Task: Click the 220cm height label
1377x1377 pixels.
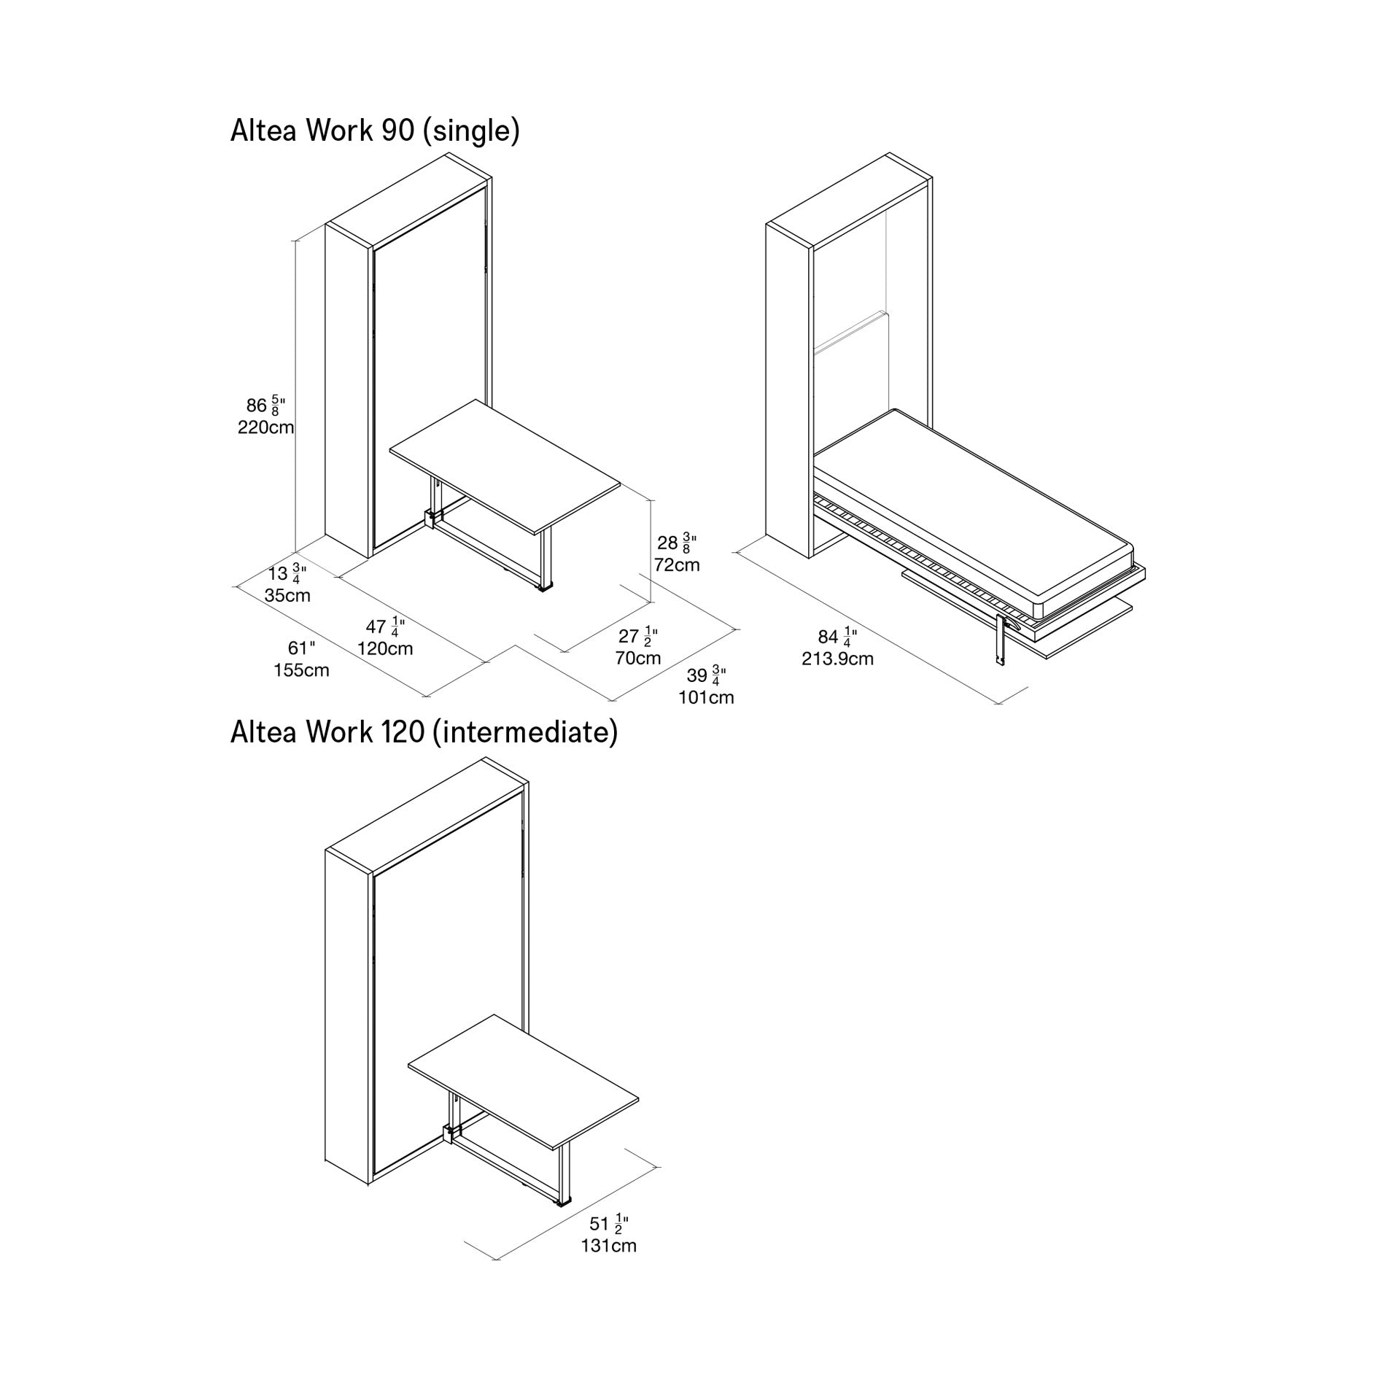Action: pyautogui.click(x=265, y=427)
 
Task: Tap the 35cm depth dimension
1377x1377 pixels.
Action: pyautogui.click(x=287, y=595)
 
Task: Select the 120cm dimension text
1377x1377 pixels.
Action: pyautogui.click(x=385, y=648)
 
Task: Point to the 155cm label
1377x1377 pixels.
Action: pyautogui.click(x=301, y=670)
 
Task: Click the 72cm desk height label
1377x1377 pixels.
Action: pyautogui.click(x=676, y=565)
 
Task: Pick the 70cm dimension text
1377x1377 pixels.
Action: pyautogui.click(x=637, y=658)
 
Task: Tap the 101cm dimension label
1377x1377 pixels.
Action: pyautogui.click(x=706, y=697)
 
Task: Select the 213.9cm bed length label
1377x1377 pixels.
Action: pyautogui.click(x=837, y=659)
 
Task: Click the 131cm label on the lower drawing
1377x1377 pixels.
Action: pyautogui.click(x=608, y=1246)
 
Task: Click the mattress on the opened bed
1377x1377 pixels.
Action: pyautogui.click(x=977, y=503)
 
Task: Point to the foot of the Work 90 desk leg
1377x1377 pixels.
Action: pyautogui.click(x=545, y=586)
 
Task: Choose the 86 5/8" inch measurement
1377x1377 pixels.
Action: pyautogui.click(x=265, y=406)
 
